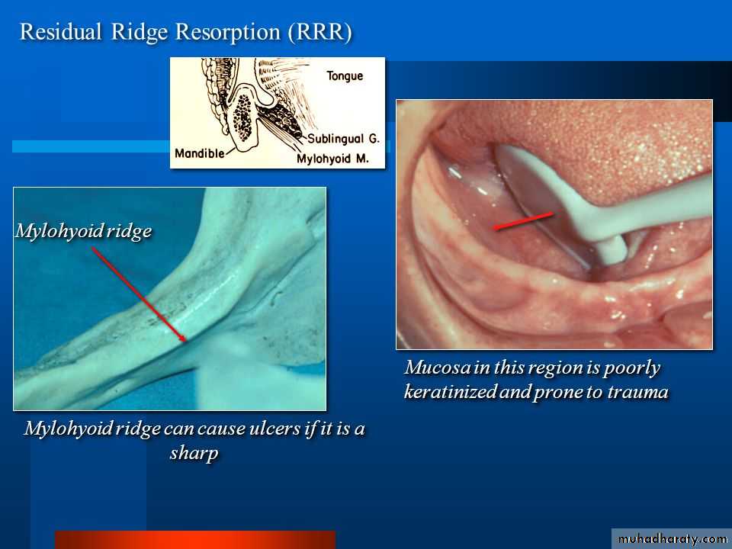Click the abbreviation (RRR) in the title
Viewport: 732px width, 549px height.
(x=319, y=33)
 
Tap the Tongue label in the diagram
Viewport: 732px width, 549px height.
(x=345, y=76)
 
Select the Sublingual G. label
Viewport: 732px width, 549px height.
(x=344, y=139)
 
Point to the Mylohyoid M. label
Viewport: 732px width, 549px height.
(x=332, y=159)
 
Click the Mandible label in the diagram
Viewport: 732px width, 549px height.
(x=199, y=153)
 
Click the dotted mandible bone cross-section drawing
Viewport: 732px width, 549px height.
(x=242, y=117)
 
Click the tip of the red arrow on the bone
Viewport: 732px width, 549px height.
(x=186, y=342)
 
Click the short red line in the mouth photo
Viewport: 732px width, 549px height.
(x=524, y=221)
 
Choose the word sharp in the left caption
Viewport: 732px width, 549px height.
(x=194, y=453)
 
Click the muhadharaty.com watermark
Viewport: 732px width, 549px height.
(x=672, y=539)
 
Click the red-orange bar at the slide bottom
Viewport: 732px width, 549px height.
(x=195, y=540)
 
